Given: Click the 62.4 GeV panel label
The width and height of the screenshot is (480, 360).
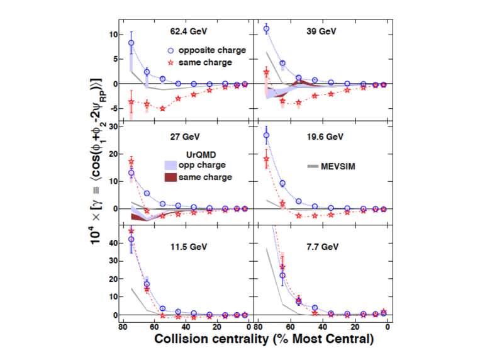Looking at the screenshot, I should coord(188,30).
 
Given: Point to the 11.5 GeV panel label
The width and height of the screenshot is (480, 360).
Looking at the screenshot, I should coord(188,245).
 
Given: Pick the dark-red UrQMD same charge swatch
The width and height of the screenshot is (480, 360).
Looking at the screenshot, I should coord(171,177).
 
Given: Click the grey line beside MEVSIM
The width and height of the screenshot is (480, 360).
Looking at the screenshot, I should coord(314,166).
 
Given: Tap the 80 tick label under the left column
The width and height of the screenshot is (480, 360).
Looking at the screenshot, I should coord(115,328).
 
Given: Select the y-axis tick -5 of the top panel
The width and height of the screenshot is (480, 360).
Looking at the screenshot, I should coord(113,108).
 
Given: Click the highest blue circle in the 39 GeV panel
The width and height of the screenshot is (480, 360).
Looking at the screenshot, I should coord(266,29).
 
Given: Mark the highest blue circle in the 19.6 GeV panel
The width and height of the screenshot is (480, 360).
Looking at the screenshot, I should coord(266,135).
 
